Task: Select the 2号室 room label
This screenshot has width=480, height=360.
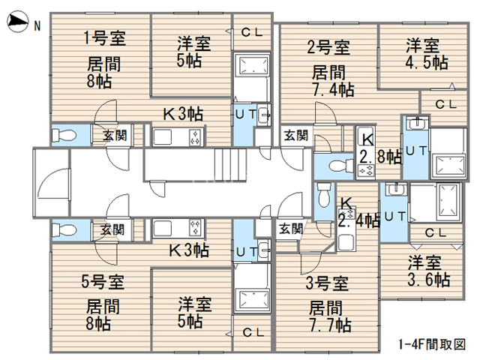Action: [x=328, y=48]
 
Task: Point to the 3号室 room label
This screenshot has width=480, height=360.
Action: [x=328, y=283]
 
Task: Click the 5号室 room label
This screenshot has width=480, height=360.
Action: [x=102, y=282]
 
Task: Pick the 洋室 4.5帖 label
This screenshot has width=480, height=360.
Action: [x=426, y=52]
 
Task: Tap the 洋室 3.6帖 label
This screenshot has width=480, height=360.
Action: [x=428, y=272]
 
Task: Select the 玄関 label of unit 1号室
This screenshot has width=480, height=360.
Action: [x=115, y=136]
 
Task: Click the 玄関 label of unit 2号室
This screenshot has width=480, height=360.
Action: [x=295, y=136]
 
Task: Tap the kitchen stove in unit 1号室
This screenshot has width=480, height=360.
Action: [x=195, y=137]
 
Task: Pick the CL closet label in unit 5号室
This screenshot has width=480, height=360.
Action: [x=253, y=332]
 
